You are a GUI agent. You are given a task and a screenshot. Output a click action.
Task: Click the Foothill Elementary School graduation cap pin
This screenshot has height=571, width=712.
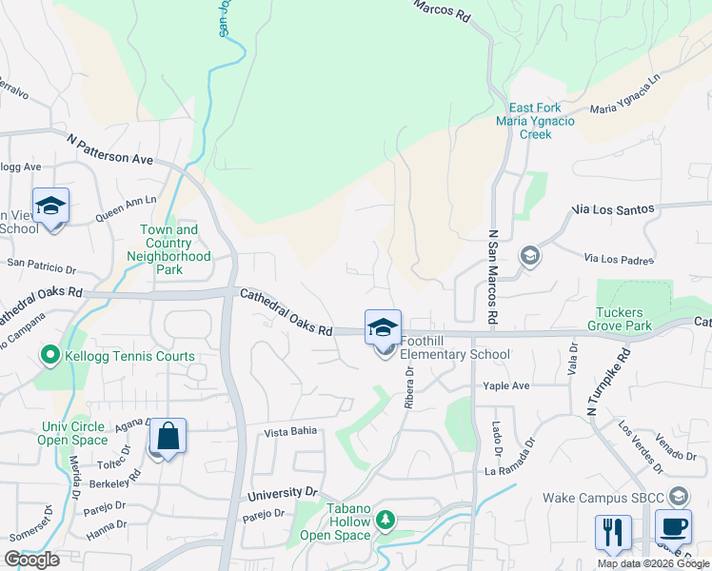[x=383, y=328]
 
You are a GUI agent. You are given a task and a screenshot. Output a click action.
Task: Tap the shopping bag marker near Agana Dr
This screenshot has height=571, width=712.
[x=168, y=437]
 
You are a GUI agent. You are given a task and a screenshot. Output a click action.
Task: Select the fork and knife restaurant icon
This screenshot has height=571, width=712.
[x=613, y=531]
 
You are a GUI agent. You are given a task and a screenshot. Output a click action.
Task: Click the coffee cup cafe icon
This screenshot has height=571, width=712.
[x=673, y=527]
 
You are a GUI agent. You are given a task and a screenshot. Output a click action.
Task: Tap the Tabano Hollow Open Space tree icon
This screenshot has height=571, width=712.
[x=386, y=520]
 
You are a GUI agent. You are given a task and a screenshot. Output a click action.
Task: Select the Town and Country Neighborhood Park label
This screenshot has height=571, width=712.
[x=168, y=250]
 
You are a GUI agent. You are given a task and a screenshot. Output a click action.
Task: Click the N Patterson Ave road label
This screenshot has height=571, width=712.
[x=110, y=150]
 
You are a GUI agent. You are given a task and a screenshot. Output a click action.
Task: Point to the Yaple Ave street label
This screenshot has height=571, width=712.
[x=505, y=386]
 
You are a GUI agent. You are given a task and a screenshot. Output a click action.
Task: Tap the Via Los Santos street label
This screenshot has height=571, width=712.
[x=613, y=208]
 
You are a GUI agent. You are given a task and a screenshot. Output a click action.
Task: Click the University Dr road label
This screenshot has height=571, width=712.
[x=282, y=494]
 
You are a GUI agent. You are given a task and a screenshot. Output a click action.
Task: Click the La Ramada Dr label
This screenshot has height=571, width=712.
[x=519, y=470]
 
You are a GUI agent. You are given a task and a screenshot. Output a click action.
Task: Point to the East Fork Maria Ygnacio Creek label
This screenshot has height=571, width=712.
[x=536, y=121]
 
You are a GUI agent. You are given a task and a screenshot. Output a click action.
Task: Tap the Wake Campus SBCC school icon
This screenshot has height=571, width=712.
[x=679, y=496]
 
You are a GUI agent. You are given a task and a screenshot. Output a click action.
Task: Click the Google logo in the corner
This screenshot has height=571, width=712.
[x=31, y=560]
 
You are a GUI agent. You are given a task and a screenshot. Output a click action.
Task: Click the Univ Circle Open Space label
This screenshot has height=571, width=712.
[x=73, y=433]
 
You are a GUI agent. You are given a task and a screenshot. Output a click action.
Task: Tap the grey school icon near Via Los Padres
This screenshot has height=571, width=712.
[x=529, y=256]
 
